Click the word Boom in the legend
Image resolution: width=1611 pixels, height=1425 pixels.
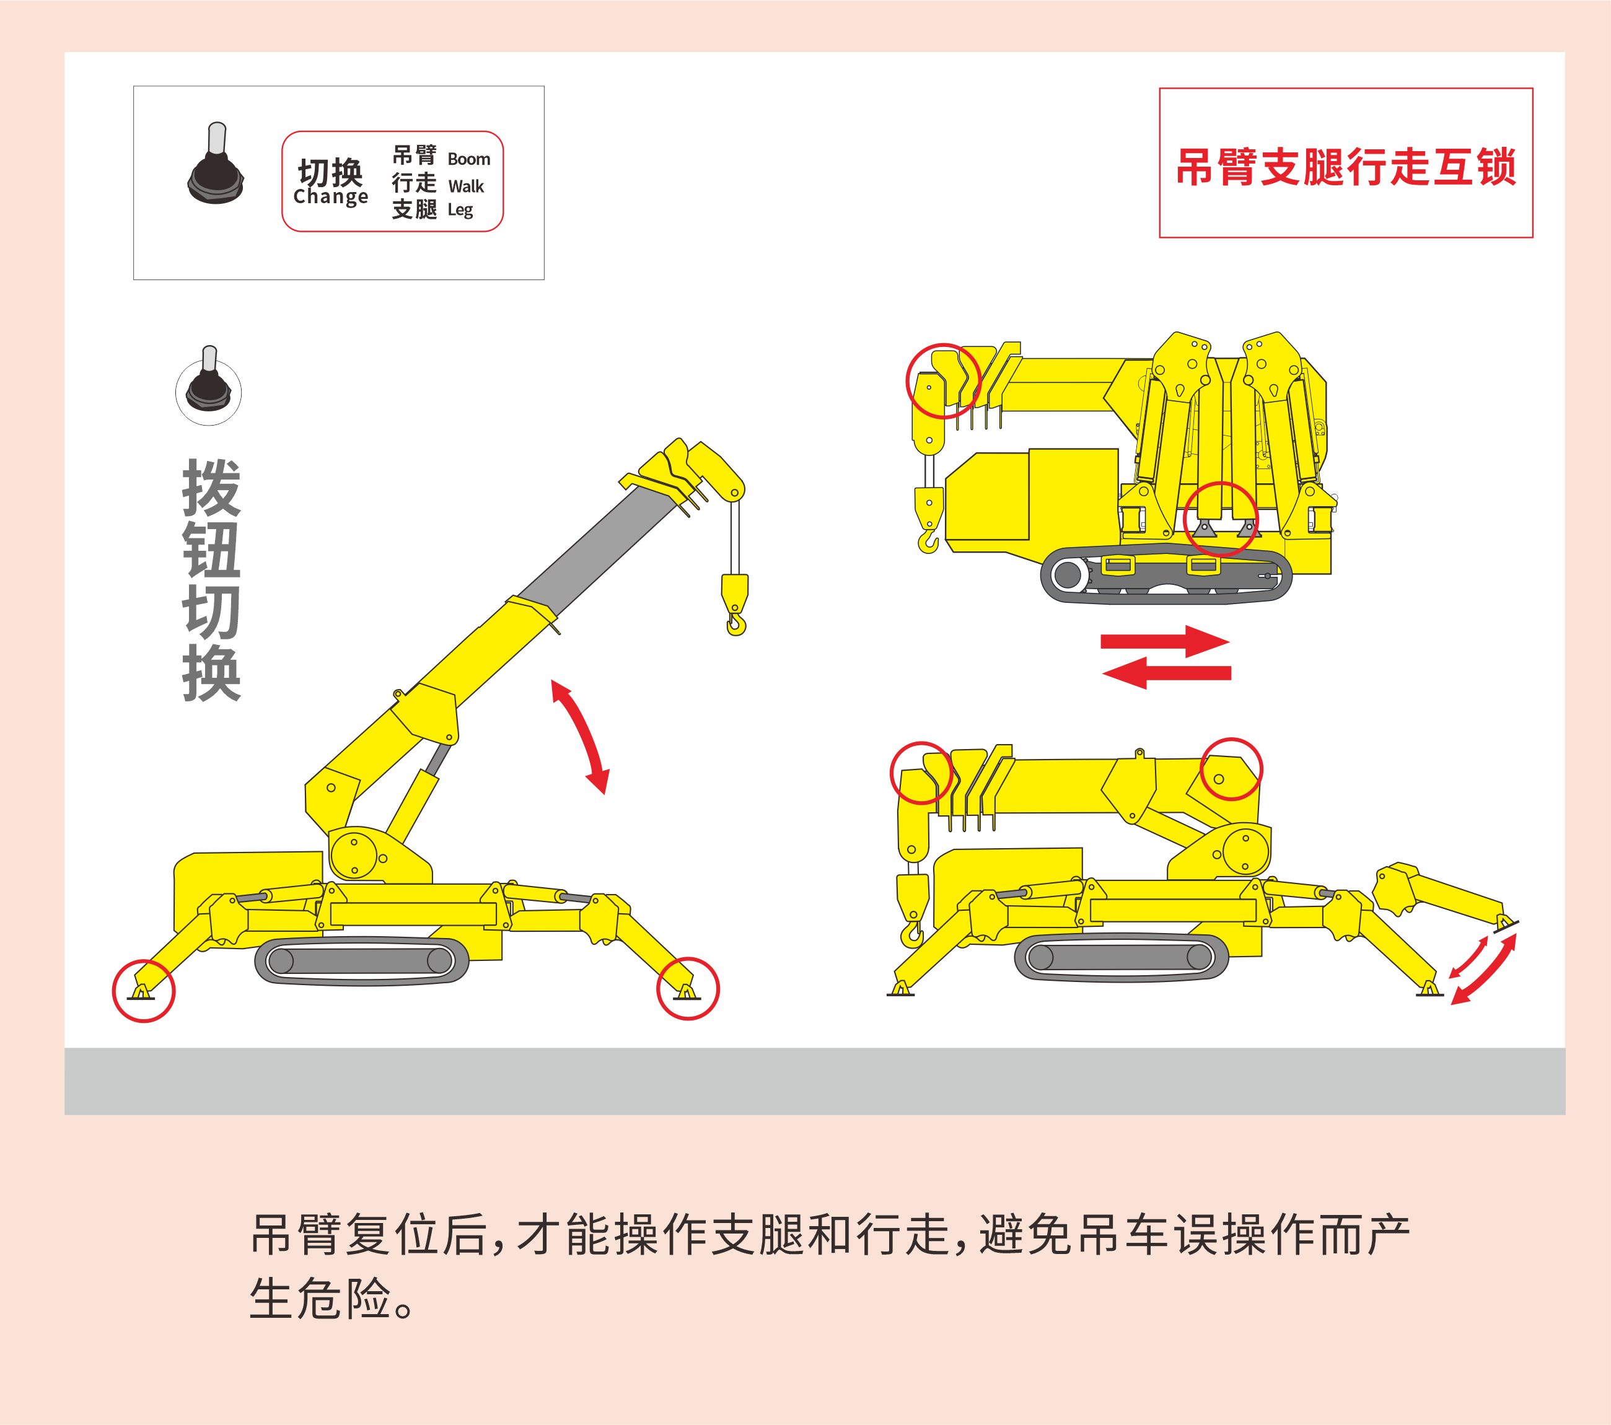click(x=469, y=159)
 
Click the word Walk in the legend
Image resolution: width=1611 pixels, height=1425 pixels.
click(x=466, y=186)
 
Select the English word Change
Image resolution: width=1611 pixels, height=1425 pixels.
click(x=330, y=197)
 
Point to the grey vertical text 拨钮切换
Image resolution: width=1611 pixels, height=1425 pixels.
click(x=211, y=580)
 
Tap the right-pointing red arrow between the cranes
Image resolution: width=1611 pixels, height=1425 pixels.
click(x=1165, y=641)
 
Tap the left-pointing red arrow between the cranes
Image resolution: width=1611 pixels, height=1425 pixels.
click(x=1167, y=673)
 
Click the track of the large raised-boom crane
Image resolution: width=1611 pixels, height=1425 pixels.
click(x=362, y=961)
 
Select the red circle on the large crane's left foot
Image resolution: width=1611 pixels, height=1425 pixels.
click(x=144, y=991)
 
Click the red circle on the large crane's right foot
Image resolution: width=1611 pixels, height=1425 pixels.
click(x=688, y=988)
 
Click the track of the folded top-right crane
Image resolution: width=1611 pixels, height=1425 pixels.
click(x=1167, y=574)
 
